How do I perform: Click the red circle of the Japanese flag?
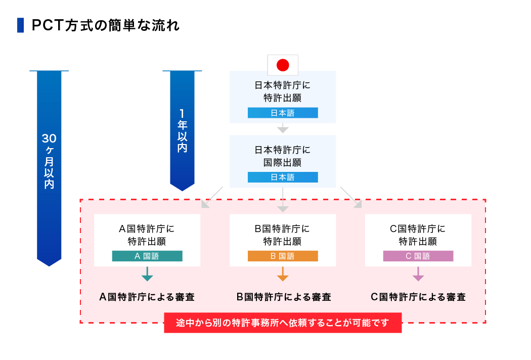[283, 65]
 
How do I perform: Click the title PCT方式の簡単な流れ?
[106, 26]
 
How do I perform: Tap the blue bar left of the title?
[20, 25]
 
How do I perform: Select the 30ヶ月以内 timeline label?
[49, 161]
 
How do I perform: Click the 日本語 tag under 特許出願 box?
[283, 113]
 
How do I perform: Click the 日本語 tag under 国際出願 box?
[283, 177]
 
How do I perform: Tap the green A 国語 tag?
[147, 256]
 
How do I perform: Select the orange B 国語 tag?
[283, 256]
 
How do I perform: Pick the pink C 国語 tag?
[418, 256]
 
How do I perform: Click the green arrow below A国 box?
[147, 275]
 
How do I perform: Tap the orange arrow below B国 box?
[283, 275]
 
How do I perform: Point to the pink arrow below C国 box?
[418, 275]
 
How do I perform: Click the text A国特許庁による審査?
[147, 297]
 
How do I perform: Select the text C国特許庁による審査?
[418, 297]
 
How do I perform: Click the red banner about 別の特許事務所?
[283, 323]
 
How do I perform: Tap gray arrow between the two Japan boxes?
[283, 129]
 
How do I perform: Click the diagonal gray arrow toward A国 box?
[212, 198]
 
